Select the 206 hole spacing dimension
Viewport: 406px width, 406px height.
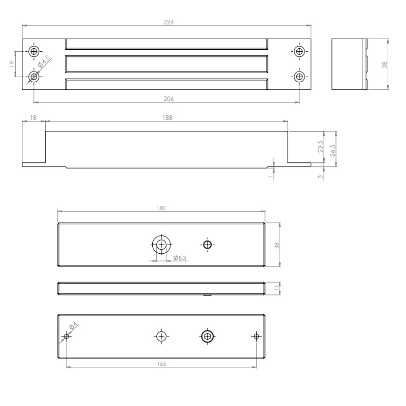click(x=167, y=99)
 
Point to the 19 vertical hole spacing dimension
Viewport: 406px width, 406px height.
click(x=12, y=64)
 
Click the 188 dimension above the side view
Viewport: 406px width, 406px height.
click(x=167, y=118)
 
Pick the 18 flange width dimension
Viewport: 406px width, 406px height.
click(x=33, y=118)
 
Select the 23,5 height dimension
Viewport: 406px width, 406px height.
click(x=320, y=147)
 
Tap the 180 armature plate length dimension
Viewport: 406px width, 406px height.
click(x=161, y=209)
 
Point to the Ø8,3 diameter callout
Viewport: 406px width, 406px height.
click(x=181, y=258)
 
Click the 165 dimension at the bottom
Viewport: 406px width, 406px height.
click(x=161, y=364)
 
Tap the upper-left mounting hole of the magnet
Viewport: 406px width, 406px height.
click(x=34, y=51)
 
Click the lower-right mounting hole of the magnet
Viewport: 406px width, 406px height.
click(x=299, y=77)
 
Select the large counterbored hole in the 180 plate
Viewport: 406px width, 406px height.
click(x=161, y=244)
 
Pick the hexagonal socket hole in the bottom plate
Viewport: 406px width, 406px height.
click(x=207, y=336)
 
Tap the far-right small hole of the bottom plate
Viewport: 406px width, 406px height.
click(x=256, y=336)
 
